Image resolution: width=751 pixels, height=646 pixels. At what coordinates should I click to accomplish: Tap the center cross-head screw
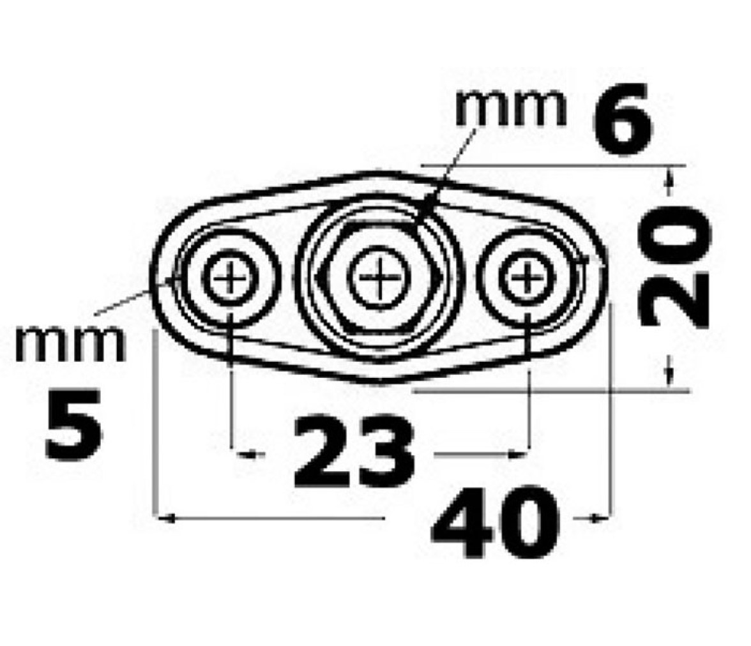click(x=379, y=277)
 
